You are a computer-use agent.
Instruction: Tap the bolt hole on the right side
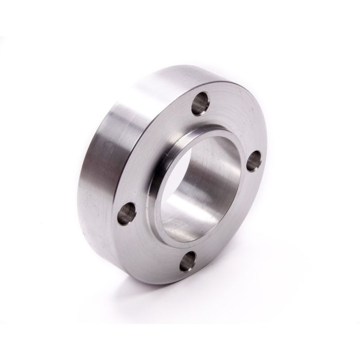point(254,164)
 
